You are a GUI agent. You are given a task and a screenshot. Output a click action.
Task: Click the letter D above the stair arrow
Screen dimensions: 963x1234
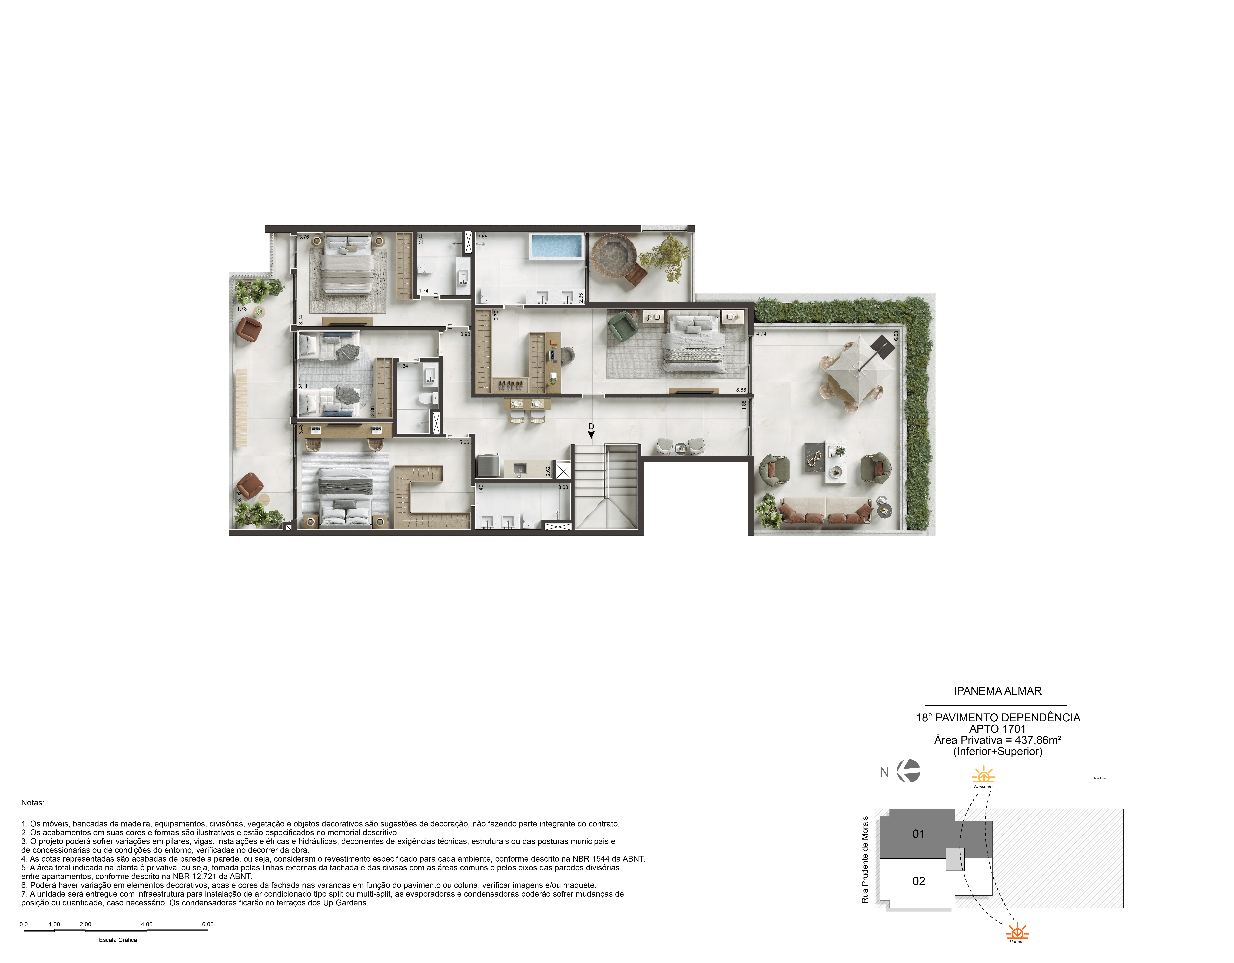(591, 427)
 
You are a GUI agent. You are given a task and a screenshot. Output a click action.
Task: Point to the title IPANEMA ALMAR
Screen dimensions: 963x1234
(997, 691)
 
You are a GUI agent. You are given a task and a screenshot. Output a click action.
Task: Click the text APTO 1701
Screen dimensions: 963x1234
(997, 729)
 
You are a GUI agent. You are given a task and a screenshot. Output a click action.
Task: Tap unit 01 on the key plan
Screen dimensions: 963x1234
(919, 834)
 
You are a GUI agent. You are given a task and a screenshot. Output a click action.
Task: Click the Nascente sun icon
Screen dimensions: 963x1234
(983, 775)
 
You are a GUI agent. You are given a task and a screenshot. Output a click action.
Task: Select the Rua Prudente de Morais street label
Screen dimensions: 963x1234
(864, 859)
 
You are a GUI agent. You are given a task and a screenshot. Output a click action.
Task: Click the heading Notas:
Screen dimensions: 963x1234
(33, 802)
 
